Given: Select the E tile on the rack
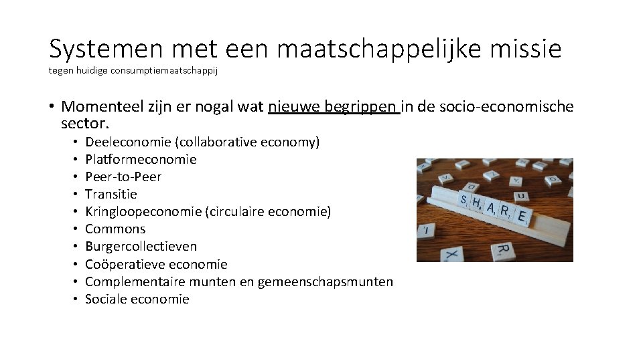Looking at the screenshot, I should [x=523, y=217].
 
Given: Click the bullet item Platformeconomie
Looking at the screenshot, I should [x=141, y=159].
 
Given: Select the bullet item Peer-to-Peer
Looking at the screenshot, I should [x=123, y=176].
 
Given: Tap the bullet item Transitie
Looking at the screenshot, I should [x=111, y=194].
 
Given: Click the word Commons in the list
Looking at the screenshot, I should [x=115, y=229].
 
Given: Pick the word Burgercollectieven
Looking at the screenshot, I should [x=141, y=246].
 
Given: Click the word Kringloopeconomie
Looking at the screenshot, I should [x=143, y=211].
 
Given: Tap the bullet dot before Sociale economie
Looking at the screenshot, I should [x=76, y=299].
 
